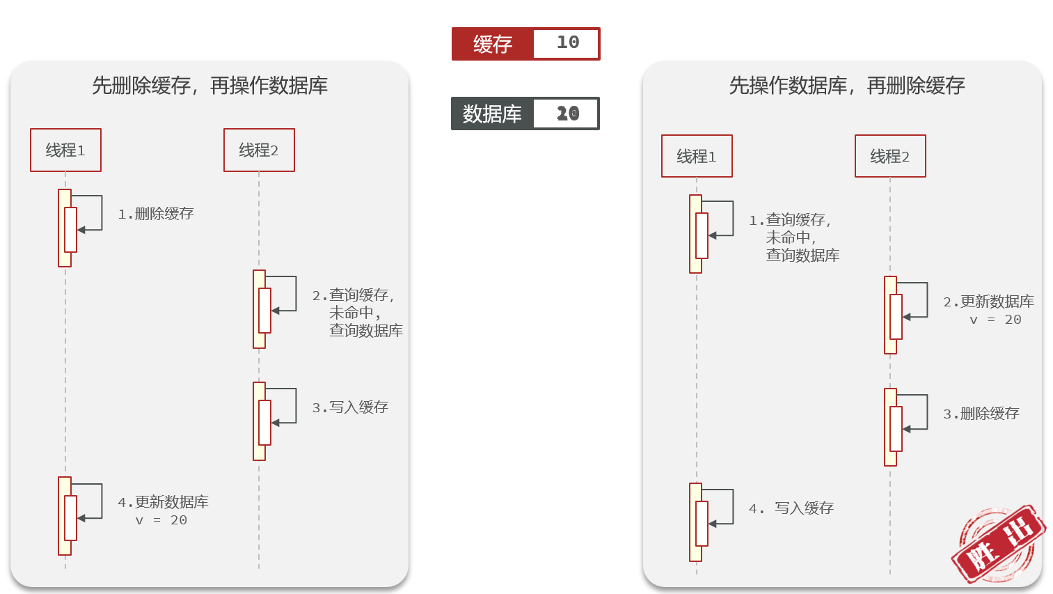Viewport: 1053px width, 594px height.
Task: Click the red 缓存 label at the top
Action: (493, 44)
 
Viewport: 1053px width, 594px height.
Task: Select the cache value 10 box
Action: (567, 43)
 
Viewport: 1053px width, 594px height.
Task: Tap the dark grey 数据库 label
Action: (493, 114)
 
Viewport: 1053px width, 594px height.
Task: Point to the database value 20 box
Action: (567, 114)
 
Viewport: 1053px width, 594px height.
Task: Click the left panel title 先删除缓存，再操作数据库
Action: (209, 86)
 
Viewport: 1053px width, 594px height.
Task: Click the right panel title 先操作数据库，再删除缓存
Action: (846, 86)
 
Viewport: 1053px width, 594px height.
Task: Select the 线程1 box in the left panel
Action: (65, 150)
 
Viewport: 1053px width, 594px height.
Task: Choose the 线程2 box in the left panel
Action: (259, 150)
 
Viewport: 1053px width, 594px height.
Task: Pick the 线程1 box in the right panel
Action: (697, 156)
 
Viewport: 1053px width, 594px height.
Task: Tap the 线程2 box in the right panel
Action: (890, 156)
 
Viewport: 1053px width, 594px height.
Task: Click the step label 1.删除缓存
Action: (156, 214)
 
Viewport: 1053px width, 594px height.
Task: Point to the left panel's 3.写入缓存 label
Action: (350, 407)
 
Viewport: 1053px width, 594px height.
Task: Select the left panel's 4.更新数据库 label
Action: (164, 503)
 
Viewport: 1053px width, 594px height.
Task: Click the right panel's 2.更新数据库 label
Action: (989, 302)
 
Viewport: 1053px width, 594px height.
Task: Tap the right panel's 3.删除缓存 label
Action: (981, 414)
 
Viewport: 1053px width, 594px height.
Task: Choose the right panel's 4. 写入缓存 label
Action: (791, 508)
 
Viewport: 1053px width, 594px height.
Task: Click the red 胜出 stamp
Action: (998, 545)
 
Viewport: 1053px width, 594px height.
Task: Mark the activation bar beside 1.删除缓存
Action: (65, 228)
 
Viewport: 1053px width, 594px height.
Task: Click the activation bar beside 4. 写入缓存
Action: (696, 522)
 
